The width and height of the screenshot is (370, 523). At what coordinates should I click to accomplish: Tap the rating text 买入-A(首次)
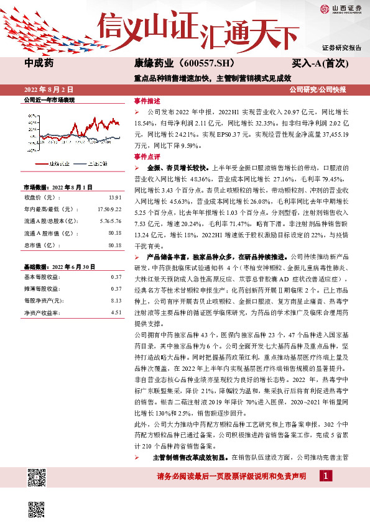pos(316,63)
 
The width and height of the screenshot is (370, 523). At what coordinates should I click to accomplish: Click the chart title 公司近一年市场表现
pos(49,99)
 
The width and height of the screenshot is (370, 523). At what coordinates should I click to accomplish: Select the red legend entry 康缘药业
pos(58,163)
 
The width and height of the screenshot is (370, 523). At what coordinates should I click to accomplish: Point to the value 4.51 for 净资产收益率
pos(116,312)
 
